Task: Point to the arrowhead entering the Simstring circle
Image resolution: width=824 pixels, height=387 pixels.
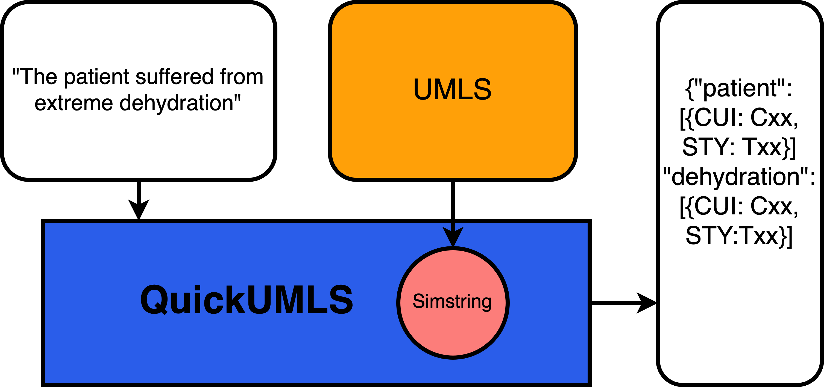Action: point(453,236)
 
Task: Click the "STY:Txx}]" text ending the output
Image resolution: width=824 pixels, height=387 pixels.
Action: point(739,235)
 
